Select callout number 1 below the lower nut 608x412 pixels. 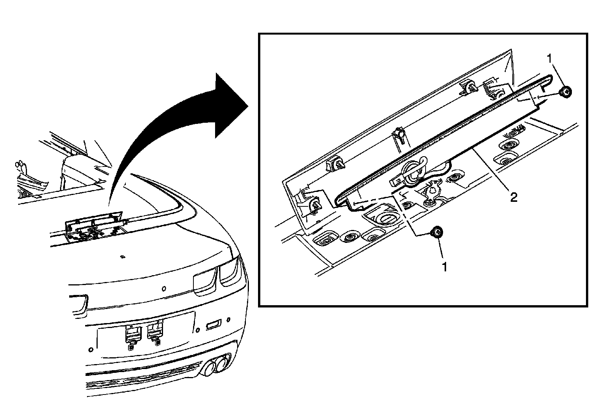444,267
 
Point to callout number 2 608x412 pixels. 513,197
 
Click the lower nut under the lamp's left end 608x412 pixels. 437,232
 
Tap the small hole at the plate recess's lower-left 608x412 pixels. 90,349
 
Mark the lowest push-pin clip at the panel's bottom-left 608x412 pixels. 313,206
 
